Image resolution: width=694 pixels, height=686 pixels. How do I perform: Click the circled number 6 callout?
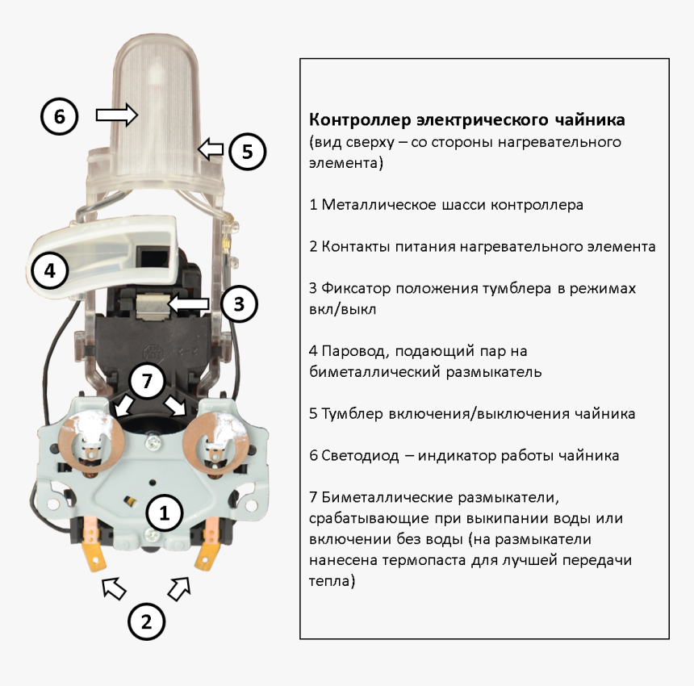coord(59,116)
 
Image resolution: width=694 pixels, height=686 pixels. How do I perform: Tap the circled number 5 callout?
coord(247,150)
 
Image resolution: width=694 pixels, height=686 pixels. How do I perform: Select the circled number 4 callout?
coord(50,271)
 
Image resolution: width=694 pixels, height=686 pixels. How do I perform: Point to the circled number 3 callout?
coord(238,304)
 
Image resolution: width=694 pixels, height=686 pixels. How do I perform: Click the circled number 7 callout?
coord(147,381)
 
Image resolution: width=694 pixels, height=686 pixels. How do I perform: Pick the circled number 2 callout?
coord(146,622)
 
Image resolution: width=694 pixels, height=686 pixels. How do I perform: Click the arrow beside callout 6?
coord(117,115)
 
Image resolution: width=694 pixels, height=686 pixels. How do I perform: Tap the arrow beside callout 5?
coord(211,148)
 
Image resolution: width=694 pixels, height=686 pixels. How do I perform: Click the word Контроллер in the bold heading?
coord(360,120)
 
